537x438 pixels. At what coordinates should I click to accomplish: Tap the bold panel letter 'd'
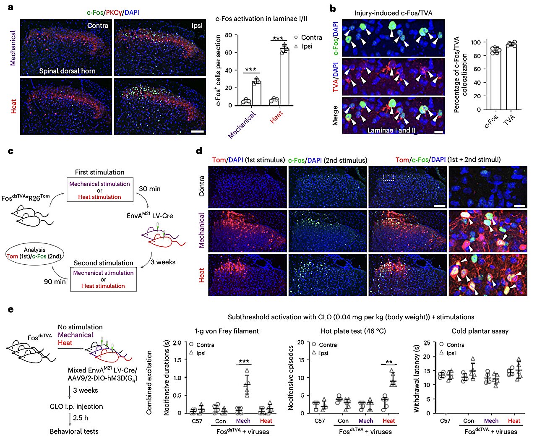[199, 151]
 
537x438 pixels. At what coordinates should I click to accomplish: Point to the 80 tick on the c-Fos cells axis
[228, 35]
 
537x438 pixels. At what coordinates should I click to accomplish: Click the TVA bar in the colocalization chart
[511, 76]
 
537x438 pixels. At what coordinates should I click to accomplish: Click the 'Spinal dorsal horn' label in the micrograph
[67, 71]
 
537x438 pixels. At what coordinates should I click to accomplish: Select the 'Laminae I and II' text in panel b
[391, 130]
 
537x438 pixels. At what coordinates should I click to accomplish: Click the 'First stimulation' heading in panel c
[99, 172]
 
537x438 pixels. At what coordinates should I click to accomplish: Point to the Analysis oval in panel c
[34, 253]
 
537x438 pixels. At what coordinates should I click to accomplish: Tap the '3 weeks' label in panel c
[163, 262]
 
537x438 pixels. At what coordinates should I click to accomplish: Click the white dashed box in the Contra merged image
[388, 178]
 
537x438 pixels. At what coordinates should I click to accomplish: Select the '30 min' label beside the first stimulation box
[149, 189]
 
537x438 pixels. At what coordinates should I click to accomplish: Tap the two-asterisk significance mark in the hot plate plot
[389, 362]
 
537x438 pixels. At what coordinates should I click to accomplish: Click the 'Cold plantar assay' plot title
[480, 331]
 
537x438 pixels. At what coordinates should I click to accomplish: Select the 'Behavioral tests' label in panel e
[74, 431]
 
